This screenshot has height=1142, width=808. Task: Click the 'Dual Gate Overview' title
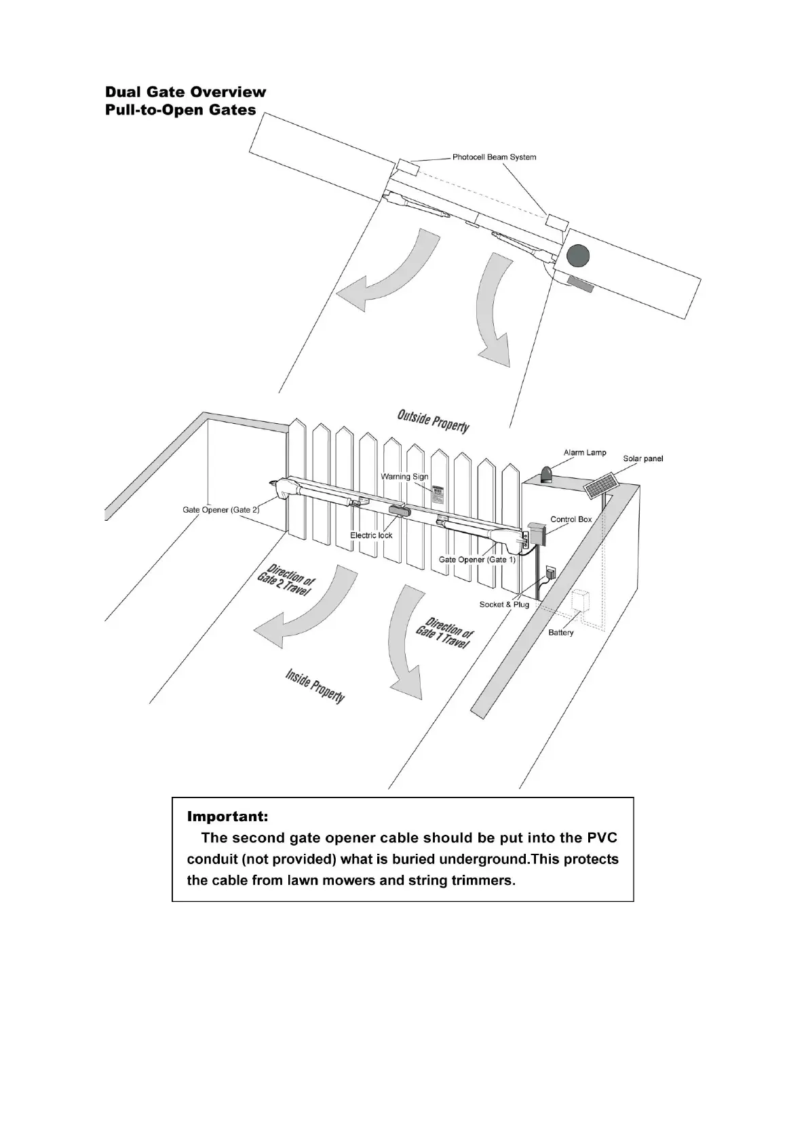185,92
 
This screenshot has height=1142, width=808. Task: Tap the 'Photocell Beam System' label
494,157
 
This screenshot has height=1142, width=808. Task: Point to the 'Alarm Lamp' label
585,452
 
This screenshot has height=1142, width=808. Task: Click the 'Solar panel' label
642,459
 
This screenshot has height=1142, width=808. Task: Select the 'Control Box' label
571,519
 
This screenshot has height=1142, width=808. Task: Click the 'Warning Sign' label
404,477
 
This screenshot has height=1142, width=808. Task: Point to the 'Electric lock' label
371,535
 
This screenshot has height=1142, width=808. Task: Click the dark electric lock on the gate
399,512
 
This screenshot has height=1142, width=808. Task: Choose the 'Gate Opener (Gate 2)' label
220,509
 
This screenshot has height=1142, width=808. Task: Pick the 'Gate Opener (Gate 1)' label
477,560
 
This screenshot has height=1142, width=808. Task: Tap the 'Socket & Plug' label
504,604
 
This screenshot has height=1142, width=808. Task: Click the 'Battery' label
561,633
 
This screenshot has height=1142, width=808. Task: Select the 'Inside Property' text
315,686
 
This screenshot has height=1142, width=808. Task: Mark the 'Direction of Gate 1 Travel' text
445,633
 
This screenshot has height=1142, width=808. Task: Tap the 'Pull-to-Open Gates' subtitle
180,110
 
